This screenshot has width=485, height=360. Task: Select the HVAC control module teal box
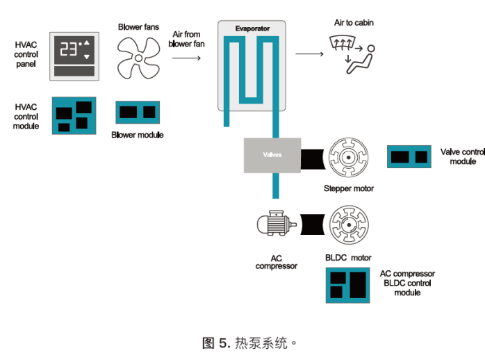[74, 115]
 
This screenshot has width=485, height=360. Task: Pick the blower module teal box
[138, 113]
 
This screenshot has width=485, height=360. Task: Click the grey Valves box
[272, 155]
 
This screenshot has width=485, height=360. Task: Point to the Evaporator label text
[252, 28]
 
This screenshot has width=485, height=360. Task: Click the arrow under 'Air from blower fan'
[186, 58]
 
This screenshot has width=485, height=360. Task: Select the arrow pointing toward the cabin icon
[309, 54]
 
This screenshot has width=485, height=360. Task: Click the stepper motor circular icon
[348, 158]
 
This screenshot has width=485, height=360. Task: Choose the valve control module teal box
[409, 157]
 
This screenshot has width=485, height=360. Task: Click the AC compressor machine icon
[277, 223]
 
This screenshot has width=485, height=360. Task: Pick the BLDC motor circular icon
[349, 225]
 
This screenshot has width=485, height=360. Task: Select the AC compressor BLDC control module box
[347, 285]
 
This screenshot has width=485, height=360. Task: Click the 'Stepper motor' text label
[349, 188]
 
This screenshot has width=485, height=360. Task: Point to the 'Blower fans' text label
[138, 27]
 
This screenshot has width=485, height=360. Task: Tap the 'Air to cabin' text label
[354, 22]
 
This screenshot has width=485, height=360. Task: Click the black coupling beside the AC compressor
[313, 224]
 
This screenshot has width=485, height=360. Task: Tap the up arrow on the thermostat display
[87, 42]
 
